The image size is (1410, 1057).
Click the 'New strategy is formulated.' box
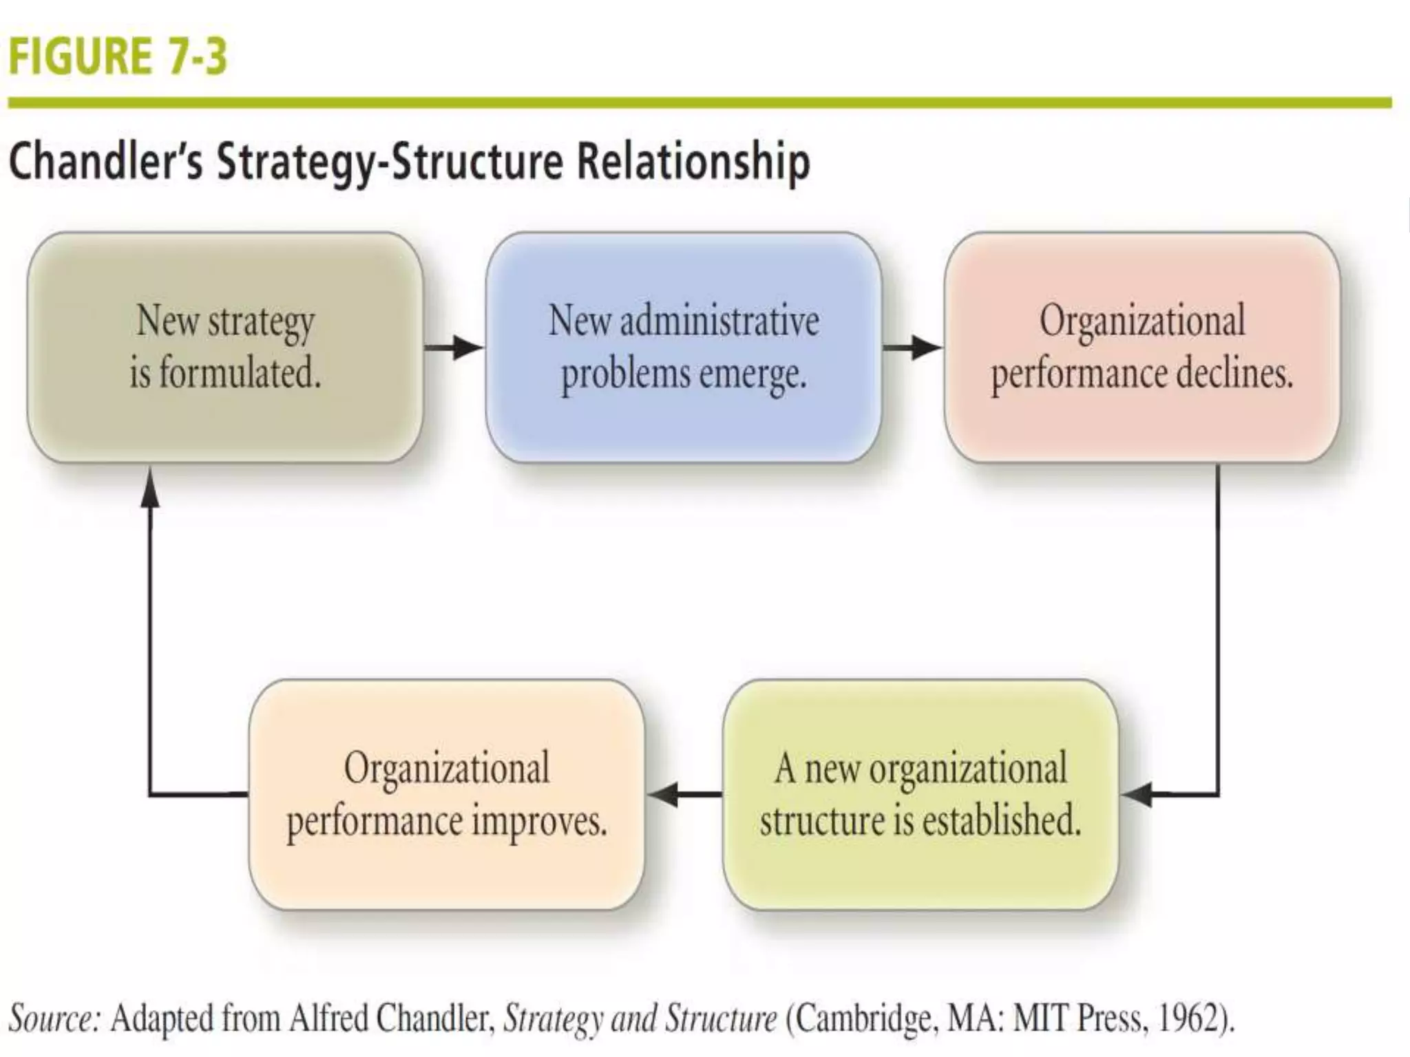pyautogui.click(x=225, y=347)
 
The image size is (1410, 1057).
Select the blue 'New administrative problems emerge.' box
pyautogui.click(x=683, y=347)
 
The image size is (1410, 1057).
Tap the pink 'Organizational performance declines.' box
pyautogui.click(x=1141, y=347)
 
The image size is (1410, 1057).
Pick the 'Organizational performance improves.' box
pyautogui.click(x=446, y=795)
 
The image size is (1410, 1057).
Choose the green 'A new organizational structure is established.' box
pyautogui.click(x=920, y=795)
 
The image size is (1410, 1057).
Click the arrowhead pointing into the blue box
pyautogui.click(x=470, y=348)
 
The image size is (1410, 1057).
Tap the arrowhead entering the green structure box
pyautogui.click(x=1136, y=795)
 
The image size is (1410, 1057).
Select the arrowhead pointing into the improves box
pyautogui.click(x=663, y=795)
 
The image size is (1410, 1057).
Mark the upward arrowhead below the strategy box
pyautogui.click(x=150, y=487)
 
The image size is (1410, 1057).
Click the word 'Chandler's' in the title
pyautogui.click(x=106, y=162)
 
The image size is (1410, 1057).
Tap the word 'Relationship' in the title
pyautogui.click(x=693, y=162)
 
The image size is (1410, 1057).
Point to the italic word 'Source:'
pyautogui.click(x=54, y=1018)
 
